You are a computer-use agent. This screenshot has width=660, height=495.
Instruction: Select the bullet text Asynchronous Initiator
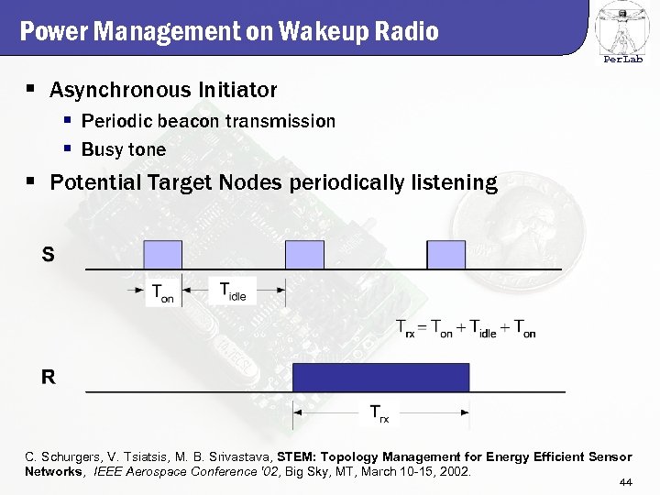tap(162, 90)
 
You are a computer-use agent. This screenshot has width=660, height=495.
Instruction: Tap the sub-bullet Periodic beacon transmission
tap(208, 121)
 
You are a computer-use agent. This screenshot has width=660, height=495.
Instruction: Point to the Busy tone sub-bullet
tap(124, 149)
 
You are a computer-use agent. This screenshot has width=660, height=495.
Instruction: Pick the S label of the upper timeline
tap(48, 255)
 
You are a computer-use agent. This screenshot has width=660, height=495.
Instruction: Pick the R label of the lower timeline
tap(48, 377)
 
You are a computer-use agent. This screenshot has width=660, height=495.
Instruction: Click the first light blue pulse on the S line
tap(162, 255)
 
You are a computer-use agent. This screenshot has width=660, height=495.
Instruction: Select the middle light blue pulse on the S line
tap(304, 255)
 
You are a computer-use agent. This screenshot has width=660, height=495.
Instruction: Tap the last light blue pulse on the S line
tap(446, 255)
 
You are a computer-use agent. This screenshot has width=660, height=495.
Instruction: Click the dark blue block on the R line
tap(380, 377)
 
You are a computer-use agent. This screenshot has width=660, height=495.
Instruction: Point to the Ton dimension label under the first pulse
tap(162, 293)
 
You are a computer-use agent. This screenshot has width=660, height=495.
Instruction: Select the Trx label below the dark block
tap(379, 413)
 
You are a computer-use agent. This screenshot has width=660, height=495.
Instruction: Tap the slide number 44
tap(627, 482)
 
